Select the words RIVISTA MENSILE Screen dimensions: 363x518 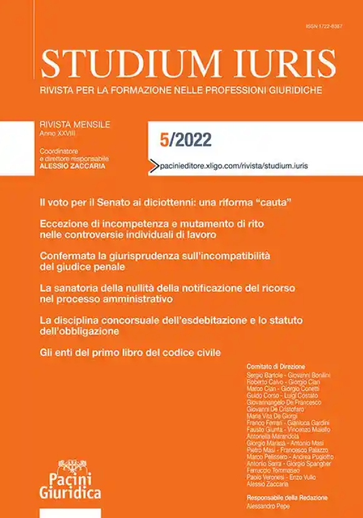click(x=74, y=124)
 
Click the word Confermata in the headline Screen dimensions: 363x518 click(x=66, y=256)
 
